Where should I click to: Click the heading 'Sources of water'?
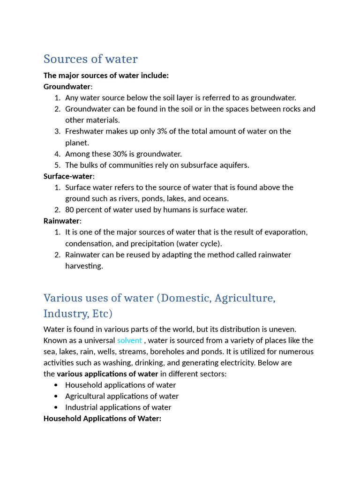pyautogui.click(x=90, y=59)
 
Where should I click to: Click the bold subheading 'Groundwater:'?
pyautogui.click(x=68, y=87)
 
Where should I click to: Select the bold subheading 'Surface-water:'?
pyautogui.click(x=69, y=176)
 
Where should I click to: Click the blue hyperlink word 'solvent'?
pyautogui.click(x=129, y=340)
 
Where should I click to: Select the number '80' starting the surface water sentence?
pyautogui.click(x=70, y=210)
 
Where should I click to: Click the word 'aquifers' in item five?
pyautogui.click(x=235, y=165)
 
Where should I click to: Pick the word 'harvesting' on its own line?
pyautogui.click(x=83, y=266)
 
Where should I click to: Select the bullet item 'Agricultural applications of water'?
pyautogui.click(x=122, y=396)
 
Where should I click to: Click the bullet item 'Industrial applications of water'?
pyautogui.click(x=118, y=407)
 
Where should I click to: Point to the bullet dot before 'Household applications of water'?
pyautogui.click(x=56, y=385)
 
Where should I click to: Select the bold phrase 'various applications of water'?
pyautogui.click(x=107, y=374)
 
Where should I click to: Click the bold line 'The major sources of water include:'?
pyautogui.click(x=106, y=75)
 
